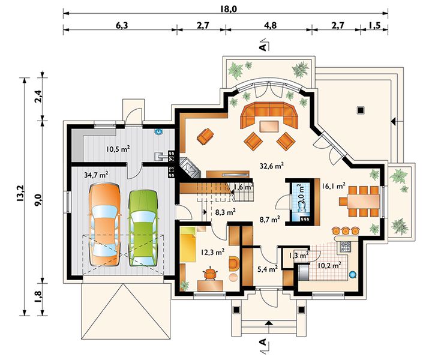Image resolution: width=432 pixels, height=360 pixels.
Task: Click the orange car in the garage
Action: tap(104, 224)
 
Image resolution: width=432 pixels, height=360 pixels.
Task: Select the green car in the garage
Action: tap(143, 228)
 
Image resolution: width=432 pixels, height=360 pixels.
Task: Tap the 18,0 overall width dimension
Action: tap(229, 9)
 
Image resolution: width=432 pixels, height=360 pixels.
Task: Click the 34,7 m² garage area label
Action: tap(96, 175)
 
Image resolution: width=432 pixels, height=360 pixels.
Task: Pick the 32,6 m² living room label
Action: tap(272, 166)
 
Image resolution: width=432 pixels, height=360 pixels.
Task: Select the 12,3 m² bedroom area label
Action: tap(212, 252)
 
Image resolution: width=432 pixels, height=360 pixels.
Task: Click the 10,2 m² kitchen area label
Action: tap(329, 266)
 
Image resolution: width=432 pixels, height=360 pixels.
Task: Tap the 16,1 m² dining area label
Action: tap(334, 186)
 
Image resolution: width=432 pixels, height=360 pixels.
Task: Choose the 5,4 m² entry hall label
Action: tap(268, 269)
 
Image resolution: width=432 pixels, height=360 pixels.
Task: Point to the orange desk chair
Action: tap(211, 274)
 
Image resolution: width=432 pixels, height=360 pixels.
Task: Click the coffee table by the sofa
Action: tap(269, 127)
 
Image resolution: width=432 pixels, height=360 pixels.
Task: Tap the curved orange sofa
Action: tap(269, 115)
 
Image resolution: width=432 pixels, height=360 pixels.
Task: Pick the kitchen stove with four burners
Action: tap(345, 247)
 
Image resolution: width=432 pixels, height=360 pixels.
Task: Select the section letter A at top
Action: tap(263, 47)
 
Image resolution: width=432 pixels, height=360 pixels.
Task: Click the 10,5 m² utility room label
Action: tap(118, 149)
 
